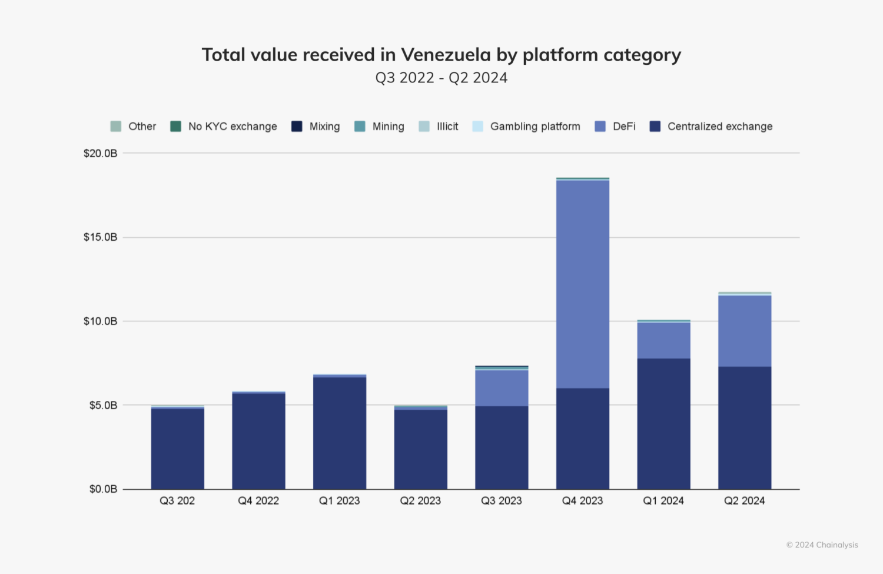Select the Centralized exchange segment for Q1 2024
click(663, 424)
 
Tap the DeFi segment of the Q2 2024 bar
click(745, 331)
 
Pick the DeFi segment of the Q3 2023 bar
click(502, 388)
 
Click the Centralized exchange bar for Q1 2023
click(340, 433)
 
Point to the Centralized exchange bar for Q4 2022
click(258, 441)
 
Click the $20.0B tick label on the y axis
click(100, 154)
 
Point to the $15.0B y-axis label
click(100, 237)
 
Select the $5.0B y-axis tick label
click(103, 405)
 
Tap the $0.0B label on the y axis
click(103, 489)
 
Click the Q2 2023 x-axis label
click(420, 501)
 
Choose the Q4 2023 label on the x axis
click(583, 501)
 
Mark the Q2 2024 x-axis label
click(745, 501)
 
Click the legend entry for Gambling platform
click(535, 127)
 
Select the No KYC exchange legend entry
click(232, 127)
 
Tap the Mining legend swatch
click(360, 127)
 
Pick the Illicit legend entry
click(447, 127)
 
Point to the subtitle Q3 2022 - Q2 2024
click(441, 78)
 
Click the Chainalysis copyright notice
click(822, 545)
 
